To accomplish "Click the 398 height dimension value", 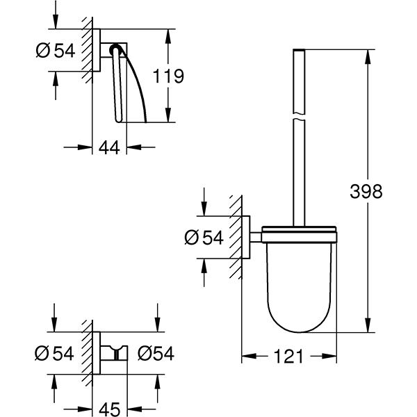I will tap(367, 191).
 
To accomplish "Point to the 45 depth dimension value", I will tap(111, 407).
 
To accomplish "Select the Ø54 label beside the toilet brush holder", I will tap(204, 238).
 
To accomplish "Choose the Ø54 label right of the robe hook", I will tap(155, 354).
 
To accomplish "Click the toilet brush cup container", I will tap(299, 285).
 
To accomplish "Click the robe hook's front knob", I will tap(122, 353).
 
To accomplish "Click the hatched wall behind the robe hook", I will tap(87, 353).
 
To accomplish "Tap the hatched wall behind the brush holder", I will tap(236, 236).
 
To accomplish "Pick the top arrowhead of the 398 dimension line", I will tap(366, 54).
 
